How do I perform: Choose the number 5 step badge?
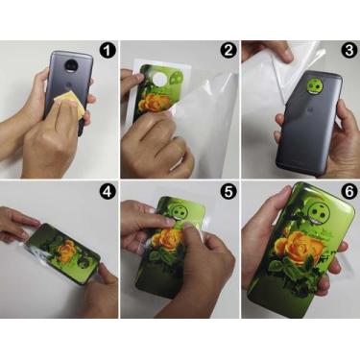tap(227, 190)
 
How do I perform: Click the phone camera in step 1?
tap(61, 69)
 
